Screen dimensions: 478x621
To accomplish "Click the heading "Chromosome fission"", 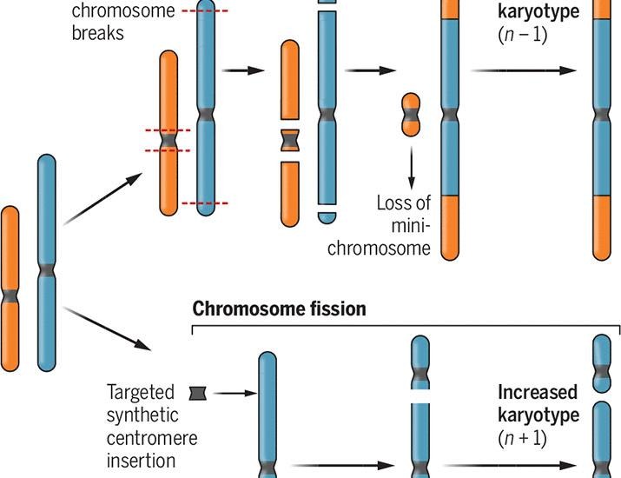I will coord(279,309).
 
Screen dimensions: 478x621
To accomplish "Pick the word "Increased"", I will coord(538,391).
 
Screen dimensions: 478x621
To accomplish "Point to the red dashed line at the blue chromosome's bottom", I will coord(206,202).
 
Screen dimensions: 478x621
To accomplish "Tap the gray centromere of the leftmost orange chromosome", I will coord(10,297).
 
